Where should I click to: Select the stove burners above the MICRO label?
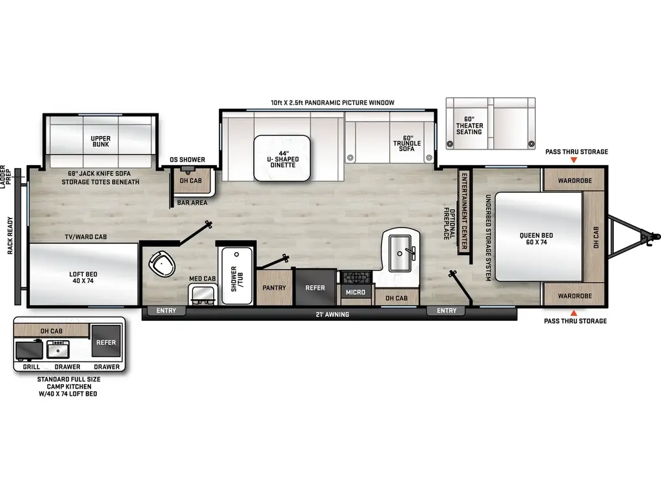(x=355, y=278)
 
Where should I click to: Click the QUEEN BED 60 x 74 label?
(x=536, y=239)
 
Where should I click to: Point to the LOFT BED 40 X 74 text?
(x=83, y=278)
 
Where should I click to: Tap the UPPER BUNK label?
(x=101, y=141)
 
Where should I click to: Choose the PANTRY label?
(x=274, y=288)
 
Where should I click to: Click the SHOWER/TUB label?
(x=237, y=275)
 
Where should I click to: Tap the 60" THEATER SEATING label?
(x=469, y=126)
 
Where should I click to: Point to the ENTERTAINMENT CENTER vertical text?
(x=463, y=209)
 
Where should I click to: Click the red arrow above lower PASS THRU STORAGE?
(x=575, y=312)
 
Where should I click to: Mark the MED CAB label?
(x=202, y=278)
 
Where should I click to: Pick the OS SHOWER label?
(x=187, y=160)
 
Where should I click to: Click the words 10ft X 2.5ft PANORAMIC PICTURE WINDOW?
(x=332, y=102)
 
